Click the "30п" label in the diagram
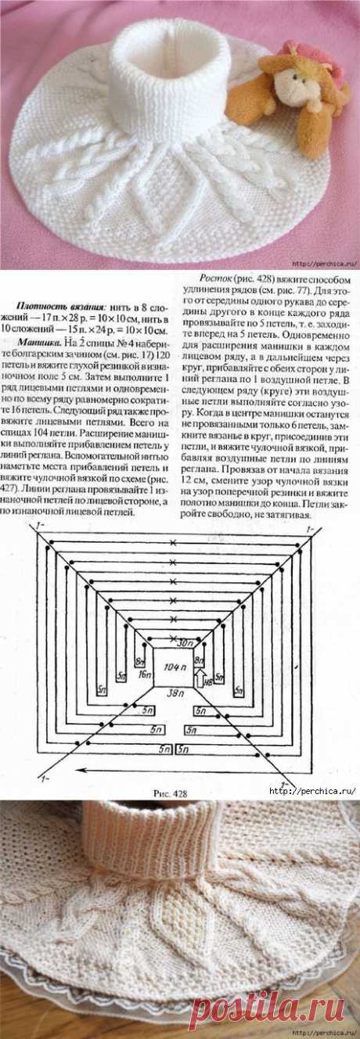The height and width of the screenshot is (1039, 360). click(x=183, y=643)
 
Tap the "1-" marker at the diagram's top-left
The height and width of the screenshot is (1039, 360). click(x=34, y=530)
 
